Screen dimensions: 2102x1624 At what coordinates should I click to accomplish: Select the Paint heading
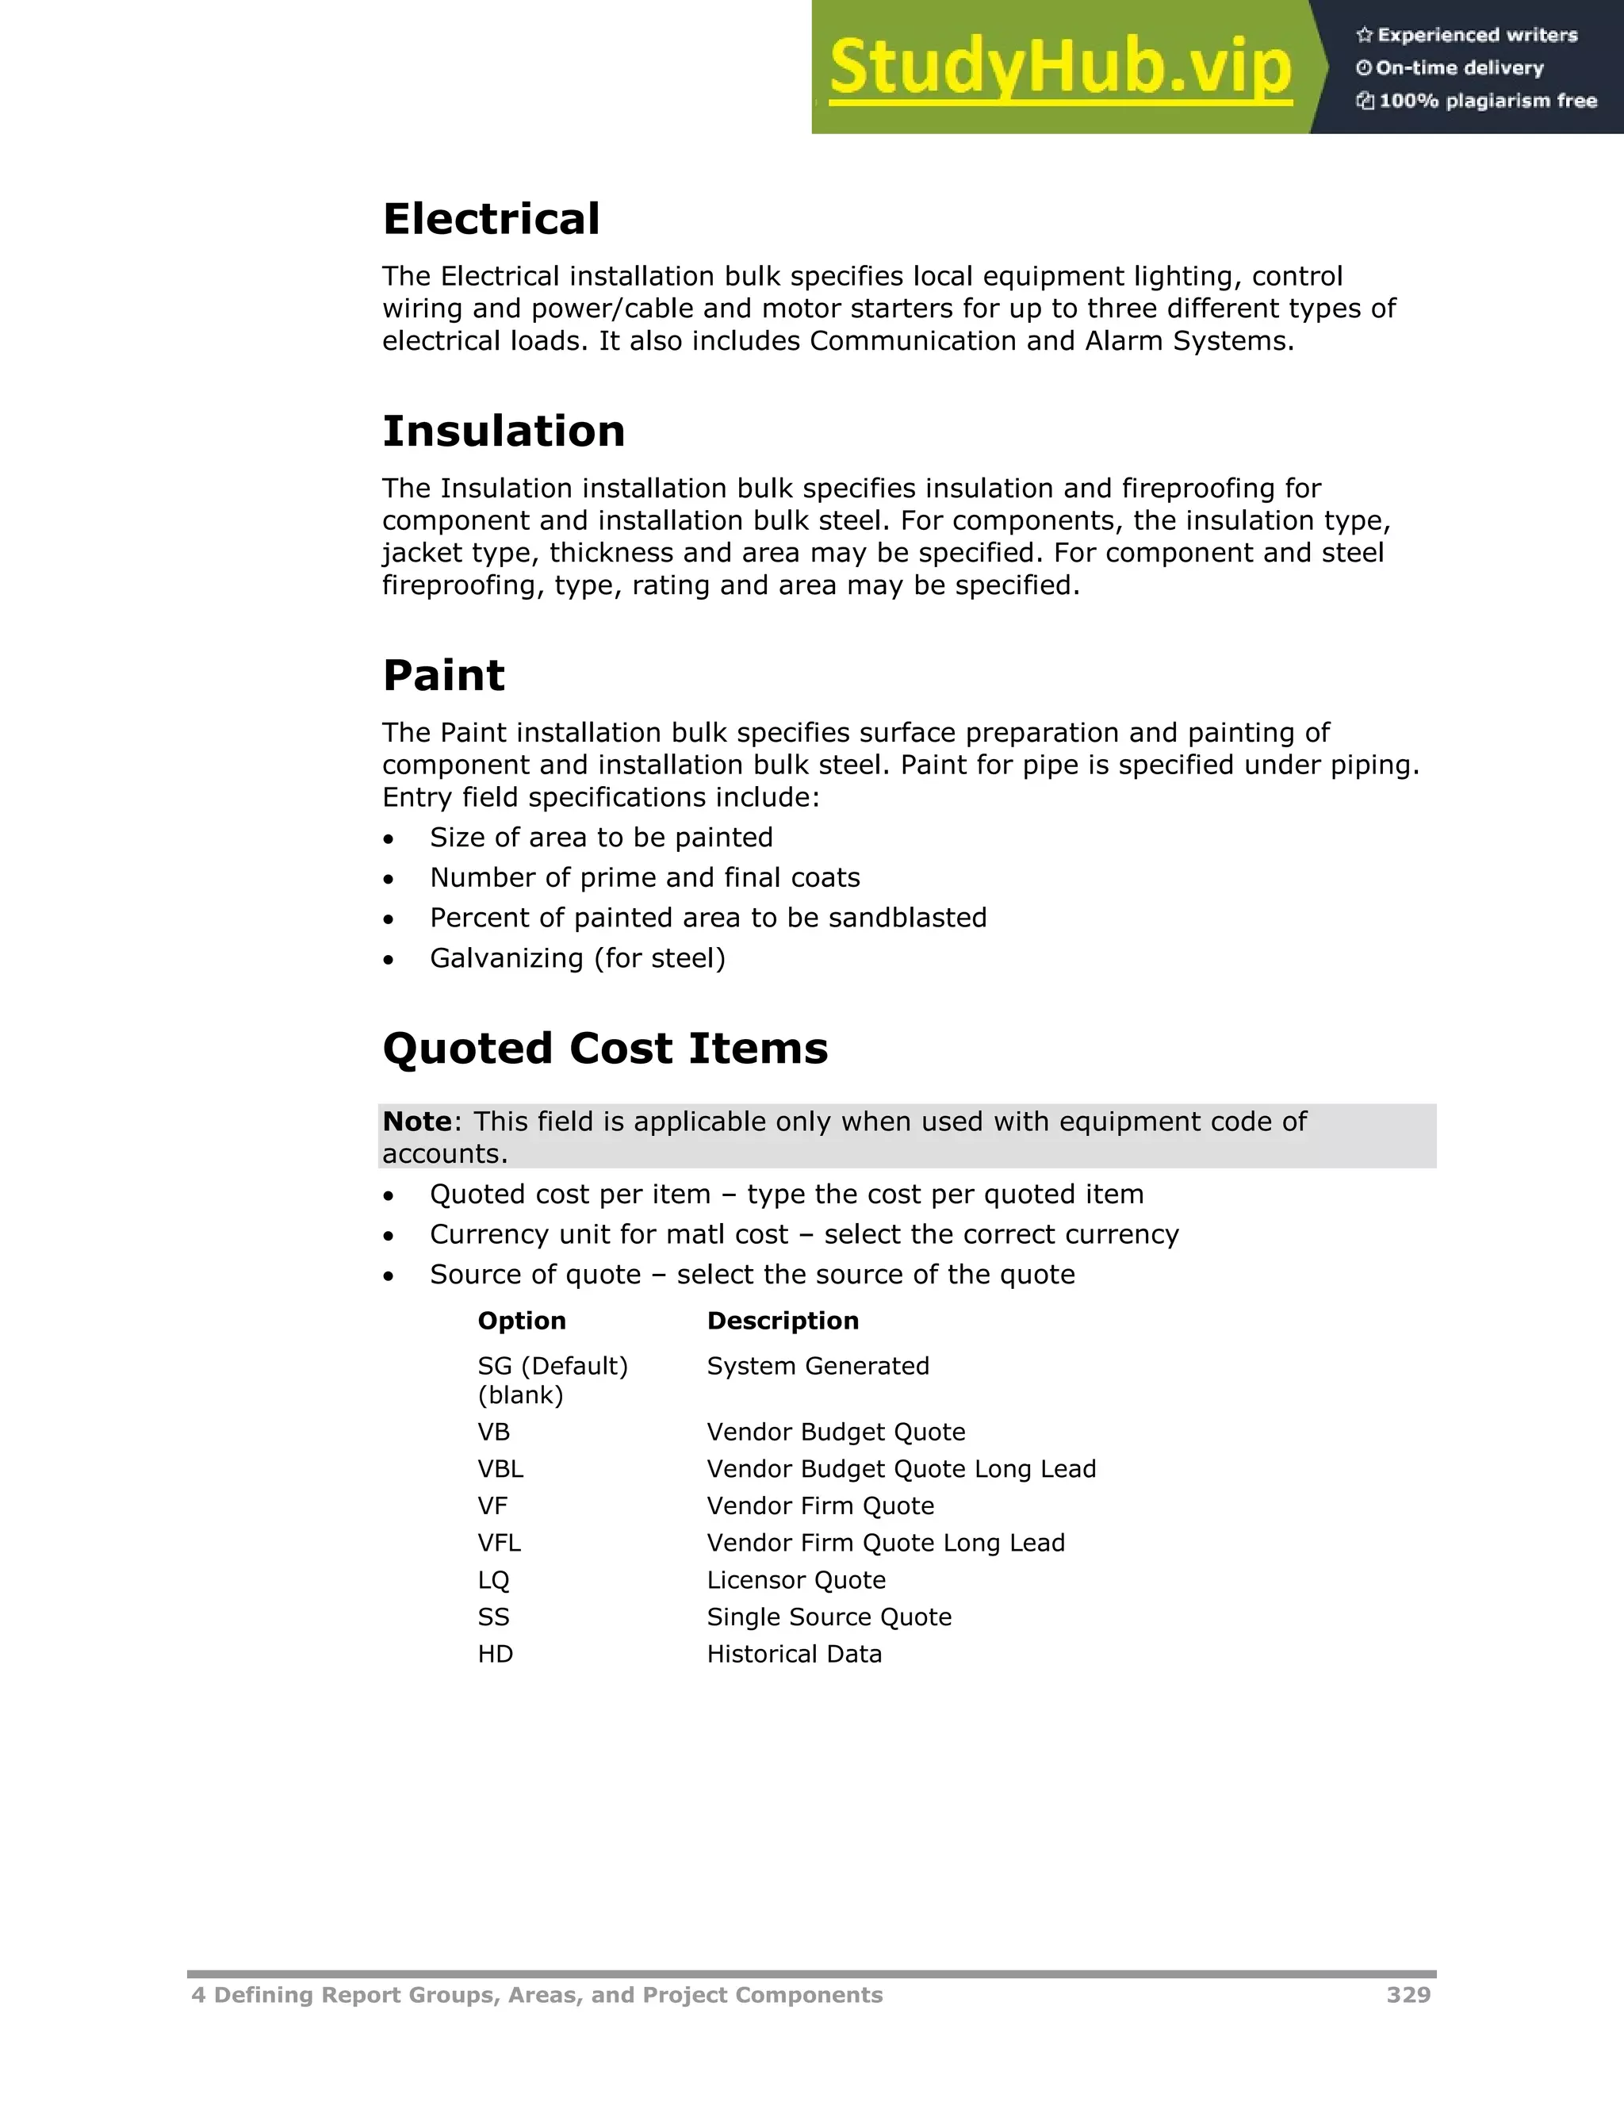click(x=443, y=675)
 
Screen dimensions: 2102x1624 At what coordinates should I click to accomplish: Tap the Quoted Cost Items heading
click(x=605, y=1048)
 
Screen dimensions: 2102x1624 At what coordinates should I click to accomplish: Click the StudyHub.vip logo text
click(x=1060, y=67)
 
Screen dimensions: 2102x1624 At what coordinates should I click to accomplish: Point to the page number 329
click(x=1408, y=1995)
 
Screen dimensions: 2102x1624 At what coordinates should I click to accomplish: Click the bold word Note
click(x=416, y=1122)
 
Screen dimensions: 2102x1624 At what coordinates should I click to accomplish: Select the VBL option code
click(x=500, y=1469)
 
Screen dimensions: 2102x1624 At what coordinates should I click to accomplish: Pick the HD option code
click(x=496, y=1654)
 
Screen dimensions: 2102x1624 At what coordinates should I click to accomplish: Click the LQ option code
click(x=493, y=1579)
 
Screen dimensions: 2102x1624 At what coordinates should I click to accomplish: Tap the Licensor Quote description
click(x=795, y=1579)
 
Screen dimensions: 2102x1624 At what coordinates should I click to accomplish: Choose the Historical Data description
click(x=794, y=1654)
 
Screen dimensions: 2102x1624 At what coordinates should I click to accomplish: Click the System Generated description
click(x=818, y=1366)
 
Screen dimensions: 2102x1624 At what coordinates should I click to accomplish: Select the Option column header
click(x=522, y=1321)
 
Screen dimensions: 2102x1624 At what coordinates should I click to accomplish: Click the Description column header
click(x=782, y=1321)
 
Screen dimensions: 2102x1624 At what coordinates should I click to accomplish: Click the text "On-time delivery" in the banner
click(x=1460, y=67)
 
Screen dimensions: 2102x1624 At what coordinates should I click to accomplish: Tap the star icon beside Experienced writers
click(x=1363, y=35)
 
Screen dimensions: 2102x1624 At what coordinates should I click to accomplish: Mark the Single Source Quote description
click(x=829, y=1617)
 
